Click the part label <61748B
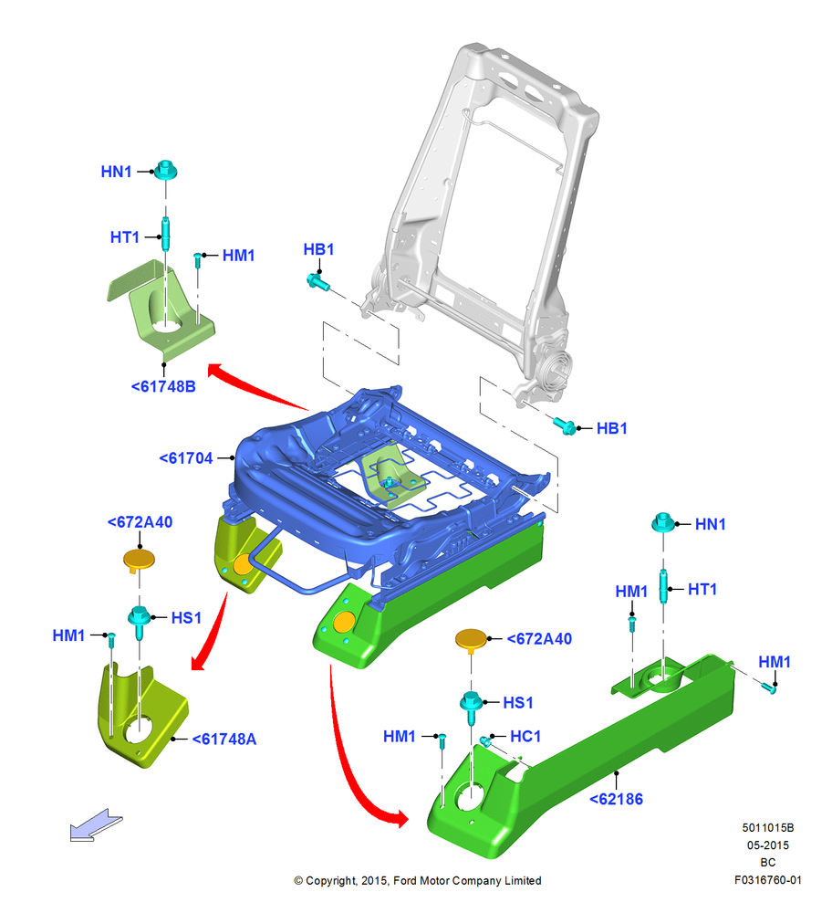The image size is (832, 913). pyautogui.click(x=163, y=386)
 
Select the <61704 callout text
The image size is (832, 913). pyautogui.click(x=186, y=458)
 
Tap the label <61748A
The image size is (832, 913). pyautogui.click(x=224, y=739)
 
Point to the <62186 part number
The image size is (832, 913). pyautogui.click(x=616, y=799)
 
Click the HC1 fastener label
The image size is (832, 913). pyautogui.click(x=525, y=737)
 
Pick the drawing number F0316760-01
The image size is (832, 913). pyautogui.click(x=768, y=880)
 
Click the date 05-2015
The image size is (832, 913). pyautogui.click(x=768, y=845)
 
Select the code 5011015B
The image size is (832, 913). pyautogui.click(x=768, y=827)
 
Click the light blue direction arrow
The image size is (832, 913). pyautogui.click(x=96, y=825)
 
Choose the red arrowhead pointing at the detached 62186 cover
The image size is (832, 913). pyautogui.click(x=400, y=818)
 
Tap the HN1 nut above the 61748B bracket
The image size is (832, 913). pyautogui.click(x=166, y=170)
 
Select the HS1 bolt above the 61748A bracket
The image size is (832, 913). pyautogui.click(x=139, y=620)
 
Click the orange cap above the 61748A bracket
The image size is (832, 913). pyautogui.click(x=139, y=561)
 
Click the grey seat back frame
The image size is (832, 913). pyautogui.click(x=483, y=227)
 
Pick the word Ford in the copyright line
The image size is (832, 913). pyautogui.click(x=406, y=880)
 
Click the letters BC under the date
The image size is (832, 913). pyautogui.click(x=768, y=863)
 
